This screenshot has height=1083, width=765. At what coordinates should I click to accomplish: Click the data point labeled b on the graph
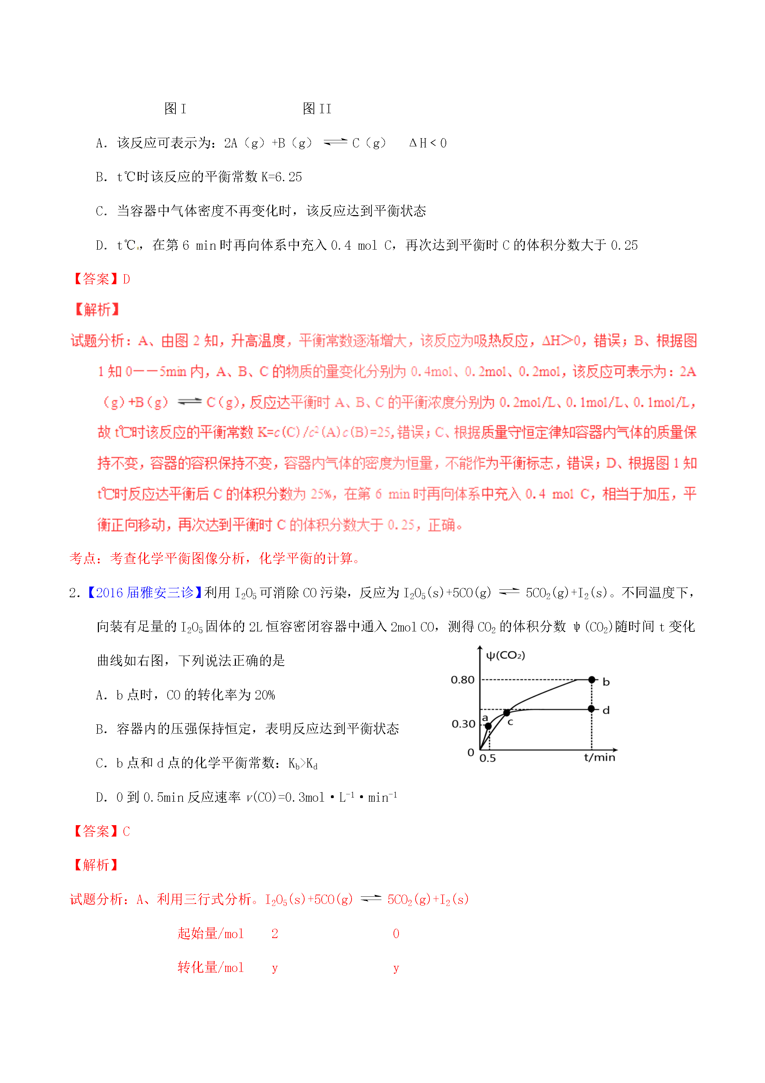tap(592, 680)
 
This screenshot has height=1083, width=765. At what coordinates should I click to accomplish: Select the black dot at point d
tap(592, 709)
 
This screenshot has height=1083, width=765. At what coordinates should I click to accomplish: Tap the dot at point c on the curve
tap(507, 712)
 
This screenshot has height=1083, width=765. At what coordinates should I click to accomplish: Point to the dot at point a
tap(488, 726)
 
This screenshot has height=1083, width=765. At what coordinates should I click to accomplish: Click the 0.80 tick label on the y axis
tap(463, 680)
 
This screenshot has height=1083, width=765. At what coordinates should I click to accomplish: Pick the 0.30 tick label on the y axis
tap(463, 724)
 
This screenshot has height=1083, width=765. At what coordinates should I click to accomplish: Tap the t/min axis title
tap(600, 757)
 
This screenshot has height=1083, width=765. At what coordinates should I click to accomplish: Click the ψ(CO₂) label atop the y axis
tap(505, 655)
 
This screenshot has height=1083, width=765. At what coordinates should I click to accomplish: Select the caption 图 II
tap(317, 109)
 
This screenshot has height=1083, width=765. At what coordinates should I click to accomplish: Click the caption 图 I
tap(175, 109)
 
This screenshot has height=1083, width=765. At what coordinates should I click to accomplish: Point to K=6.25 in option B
tap(281, 177)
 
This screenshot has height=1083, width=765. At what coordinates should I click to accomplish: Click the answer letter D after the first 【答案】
tap(126, 279)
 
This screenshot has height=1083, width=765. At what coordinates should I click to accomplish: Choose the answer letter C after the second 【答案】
tap(126, 831)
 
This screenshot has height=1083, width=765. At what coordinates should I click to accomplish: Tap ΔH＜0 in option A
tap(428, 143)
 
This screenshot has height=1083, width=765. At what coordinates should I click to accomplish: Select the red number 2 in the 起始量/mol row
tap(275, 933)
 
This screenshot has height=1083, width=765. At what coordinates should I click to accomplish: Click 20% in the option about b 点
tap(264, 695)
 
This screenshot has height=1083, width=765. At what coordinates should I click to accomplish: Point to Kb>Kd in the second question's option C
tap(302, 763)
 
